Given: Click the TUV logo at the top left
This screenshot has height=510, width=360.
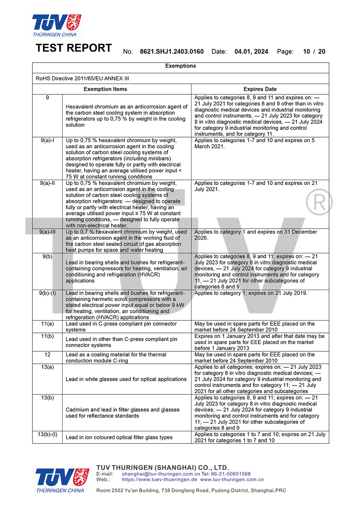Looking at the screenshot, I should coord(57,25).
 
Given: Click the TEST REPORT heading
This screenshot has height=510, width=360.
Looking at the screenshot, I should coord(74,48).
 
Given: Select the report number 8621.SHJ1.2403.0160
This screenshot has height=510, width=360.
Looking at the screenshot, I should coord(172,51).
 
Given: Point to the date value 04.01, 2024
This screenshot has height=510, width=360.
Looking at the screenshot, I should coord(251,51).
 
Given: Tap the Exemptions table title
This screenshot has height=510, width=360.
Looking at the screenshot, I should coord(180,66).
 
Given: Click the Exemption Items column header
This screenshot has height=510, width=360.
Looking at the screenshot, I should coord(105,89).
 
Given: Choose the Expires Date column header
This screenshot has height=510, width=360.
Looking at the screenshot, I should coord(260,89).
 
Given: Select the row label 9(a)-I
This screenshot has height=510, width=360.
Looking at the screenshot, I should coord(47,140).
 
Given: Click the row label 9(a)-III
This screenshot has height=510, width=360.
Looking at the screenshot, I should coord(47,232).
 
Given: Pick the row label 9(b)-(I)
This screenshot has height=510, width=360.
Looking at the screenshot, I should coord(47,293).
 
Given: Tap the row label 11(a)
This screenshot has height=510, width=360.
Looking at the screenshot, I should coord(47,324).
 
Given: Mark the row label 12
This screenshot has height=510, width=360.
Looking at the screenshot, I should coord(47,355).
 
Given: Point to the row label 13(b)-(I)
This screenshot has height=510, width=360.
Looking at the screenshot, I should coord(47,434).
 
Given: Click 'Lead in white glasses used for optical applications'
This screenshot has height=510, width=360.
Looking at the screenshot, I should coord(126,379).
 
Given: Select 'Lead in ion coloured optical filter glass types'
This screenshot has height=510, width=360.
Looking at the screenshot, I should coord(119,437).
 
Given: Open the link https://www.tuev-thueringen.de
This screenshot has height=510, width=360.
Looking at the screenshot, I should coord(159,479).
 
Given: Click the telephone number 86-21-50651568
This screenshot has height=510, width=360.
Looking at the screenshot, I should coord(231,474).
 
